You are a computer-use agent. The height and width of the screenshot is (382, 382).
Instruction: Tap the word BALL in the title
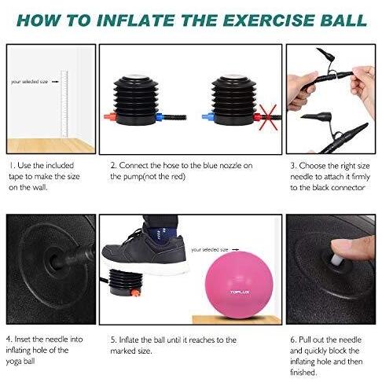tap(343, 20)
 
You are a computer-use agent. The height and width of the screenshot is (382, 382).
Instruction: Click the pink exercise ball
tap(239, 285)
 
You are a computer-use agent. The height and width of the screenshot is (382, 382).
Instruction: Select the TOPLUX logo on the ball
tap(240, 292)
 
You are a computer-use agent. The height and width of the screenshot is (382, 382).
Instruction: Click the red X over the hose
tap(268, 117)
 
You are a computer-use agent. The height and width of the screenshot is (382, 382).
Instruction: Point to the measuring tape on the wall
tap(64, 104)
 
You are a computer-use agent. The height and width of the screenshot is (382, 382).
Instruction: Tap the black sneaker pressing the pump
tap(145, 251)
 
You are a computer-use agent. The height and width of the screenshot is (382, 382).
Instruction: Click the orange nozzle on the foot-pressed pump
tap(135, 292)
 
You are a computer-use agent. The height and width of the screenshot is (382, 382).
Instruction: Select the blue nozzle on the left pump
tap(160, 116)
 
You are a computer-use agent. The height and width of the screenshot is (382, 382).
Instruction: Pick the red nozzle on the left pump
tap(109, 116)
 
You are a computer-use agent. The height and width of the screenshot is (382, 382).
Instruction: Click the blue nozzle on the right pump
tap(208, 116)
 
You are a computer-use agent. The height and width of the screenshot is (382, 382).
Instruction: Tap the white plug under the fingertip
tap(337, 259)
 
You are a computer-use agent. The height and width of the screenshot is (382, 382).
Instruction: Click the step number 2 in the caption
tap(113, 166)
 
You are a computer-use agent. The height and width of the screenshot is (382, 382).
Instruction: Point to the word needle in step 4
tap(57, 339)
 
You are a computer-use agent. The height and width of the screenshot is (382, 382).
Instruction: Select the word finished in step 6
tap(303, 372)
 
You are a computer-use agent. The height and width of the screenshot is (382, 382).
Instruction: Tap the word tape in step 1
tap(16, 177)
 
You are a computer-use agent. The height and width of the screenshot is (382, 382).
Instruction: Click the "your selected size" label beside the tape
tap(29, 82)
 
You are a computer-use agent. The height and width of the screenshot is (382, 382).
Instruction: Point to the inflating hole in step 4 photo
tap(54, 260)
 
